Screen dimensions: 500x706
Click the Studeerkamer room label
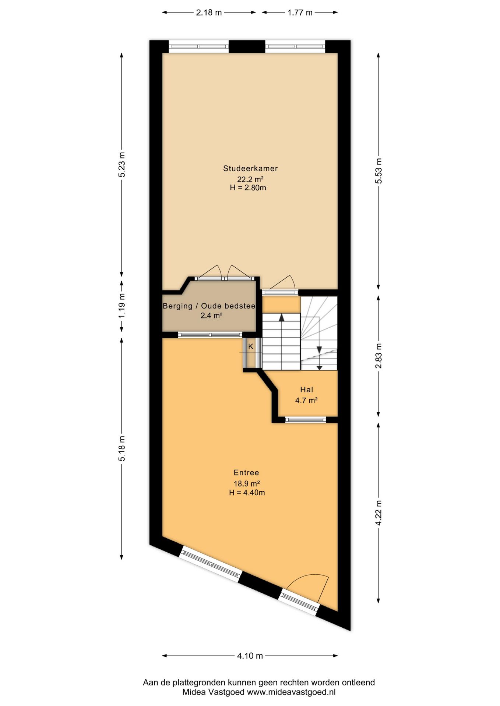[x=250, y=168]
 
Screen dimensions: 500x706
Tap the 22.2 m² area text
[x=250, y=179]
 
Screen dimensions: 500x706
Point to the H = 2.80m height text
[x=248, y=188]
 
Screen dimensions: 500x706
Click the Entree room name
[x=246, y=473]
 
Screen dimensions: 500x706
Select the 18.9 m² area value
[x=247, y=484]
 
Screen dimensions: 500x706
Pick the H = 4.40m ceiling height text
[x=247, y=493]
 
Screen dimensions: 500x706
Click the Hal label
[x=306, y=389]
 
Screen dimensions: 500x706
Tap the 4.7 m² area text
[x=306, y=400]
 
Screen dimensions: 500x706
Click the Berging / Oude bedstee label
[x=209, y=306]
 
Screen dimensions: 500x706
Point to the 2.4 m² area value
[x=211, y=315]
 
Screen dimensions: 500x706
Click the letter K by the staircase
[x=251, y=346]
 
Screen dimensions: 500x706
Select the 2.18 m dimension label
[x=209, y=13]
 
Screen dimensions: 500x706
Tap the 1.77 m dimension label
[x=300, y=13]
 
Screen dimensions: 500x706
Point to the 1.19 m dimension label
[x=122, y=306]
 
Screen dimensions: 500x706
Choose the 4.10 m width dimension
[x=250, y=656]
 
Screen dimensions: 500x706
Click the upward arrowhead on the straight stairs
[x=282, y=318]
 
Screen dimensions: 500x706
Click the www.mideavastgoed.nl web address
[x=291, y=692]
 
